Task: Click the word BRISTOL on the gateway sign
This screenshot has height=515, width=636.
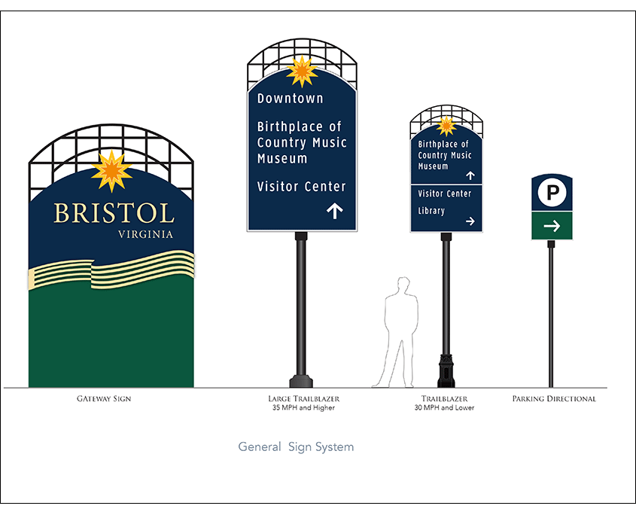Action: point(114,213)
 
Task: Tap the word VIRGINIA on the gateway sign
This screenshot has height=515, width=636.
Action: point(146,234)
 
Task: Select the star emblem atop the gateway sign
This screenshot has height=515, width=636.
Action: point(111,170)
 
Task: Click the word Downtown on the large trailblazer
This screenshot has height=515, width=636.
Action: point(291,99)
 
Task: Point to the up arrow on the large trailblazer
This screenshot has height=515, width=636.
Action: point(335,211)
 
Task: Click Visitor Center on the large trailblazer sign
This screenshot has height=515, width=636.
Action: point(301,186)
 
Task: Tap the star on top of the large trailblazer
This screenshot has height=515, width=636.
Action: point(302,72)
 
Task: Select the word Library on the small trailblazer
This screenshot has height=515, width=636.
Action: point(431,211)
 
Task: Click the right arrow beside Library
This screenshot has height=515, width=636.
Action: point(470,221)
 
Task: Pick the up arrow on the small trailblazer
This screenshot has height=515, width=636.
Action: point(470,175)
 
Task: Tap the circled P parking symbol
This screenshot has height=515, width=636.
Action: point(552,194)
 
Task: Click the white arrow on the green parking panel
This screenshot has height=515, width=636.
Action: point(552,225)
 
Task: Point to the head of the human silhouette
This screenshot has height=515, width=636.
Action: point(403,285)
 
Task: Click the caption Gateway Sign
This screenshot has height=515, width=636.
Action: point(104,398)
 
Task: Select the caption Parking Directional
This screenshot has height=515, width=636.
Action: point(554,398)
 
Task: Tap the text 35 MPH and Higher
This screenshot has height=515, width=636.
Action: point(303,408)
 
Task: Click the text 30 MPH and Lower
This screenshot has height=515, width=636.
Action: point(444,408)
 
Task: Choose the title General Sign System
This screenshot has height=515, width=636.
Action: point(296,446)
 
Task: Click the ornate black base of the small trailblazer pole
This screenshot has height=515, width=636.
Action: point(446,370)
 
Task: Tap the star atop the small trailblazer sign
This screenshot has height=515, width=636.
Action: point(446,125)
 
